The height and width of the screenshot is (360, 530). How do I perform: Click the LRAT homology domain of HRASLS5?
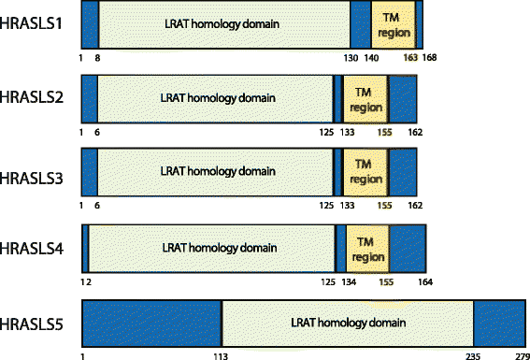coord(347,324)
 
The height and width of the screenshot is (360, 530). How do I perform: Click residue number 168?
coord(430,58)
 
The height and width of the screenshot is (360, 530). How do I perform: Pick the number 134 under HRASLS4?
coord(349,281)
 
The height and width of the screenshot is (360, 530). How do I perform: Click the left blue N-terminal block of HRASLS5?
coord(151,324)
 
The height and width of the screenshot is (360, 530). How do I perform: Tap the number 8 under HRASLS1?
coord(98,58)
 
